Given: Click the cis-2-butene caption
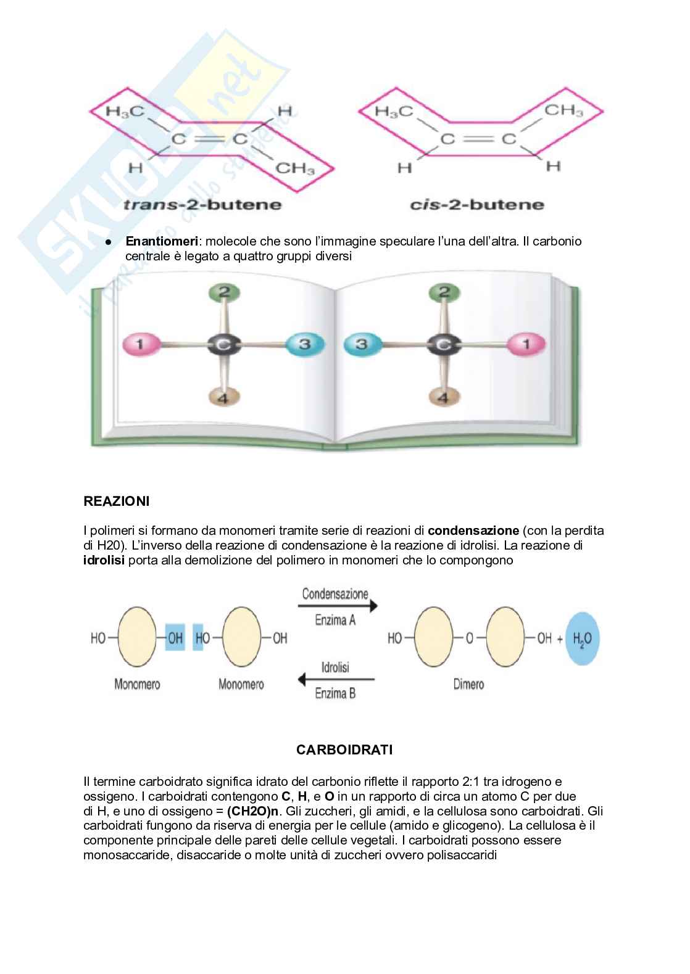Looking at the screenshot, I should (477, 205).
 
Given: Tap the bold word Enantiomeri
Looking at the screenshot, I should (161, 241).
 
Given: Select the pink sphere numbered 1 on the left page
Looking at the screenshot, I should (140, 344).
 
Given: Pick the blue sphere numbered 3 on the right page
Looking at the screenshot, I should (362, 344).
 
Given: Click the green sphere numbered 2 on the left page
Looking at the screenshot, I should (225, 292).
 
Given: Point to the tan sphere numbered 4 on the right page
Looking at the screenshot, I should (443, 397).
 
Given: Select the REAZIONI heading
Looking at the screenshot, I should (116, 501).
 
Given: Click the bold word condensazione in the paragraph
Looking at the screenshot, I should (473, 530).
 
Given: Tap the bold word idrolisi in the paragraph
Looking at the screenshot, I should (104, 560).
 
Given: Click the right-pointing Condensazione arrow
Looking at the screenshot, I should (337, 607).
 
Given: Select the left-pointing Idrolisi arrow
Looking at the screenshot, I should (336, 680).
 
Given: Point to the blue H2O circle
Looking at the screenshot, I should (582, 638).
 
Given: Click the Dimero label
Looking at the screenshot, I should (468, 684).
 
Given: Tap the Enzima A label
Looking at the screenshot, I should (335, 621).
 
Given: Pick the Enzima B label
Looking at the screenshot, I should (335, 693).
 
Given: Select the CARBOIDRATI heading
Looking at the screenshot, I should (344, 750).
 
